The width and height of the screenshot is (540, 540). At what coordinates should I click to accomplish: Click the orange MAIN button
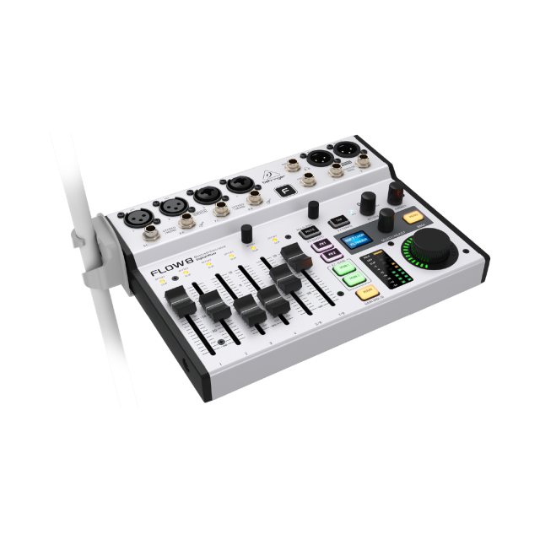point(365,293)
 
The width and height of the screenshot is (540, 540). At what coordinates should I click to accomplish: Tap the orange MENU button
point(413,217)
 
